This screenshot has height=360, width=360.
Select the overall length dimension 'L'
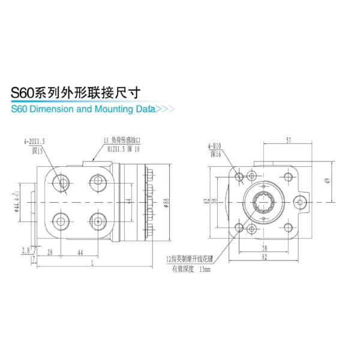click(92, 263)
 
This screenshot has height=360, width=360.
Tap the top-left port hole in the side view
click(62, 181)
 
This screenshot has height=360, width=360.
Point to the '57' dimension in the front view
click(289, 140)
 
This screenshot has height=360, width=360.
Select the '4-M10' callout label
click(214, 146)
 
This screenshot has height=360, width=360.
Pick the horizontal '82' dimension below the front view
click(265, 257)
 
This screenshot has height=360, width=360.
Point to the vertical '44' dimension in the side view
click(128, 200)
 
